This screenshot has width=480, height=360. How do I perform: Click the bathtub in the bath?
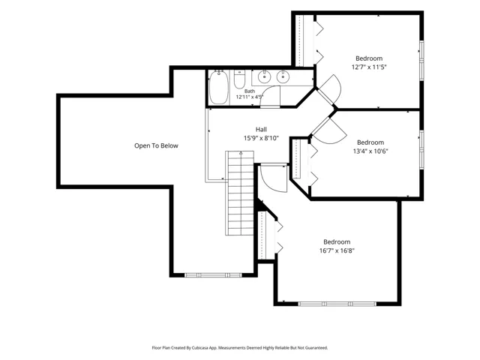[218, 87]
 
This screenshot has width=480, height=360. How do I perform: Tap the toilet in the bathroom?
[239, 79]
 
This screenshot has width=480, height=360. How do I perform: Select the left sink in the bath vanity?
[263, 76]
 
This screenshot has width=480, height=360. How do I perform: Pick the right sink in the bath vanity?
[283, 76]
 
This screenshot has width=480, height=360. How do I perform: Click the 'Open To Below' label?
[156, 145]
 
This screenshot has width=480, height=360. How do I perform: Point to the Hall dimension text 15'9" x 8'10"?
[261, 138]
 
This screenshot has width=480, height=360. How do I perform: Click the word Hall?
[261, 130]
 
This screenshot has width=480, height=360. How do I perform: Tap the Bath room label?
[250, 91]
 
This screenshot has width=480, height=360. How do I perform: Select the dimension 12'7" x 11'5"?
[369, 67]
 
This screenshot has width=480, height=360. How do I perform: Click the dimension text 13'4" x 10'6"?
[370, 151]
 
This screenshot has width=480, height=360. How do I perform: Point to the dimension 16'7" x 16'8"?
[337, 250]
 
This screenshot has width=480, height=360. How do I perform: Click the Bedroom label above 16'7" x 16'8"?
[337, 241]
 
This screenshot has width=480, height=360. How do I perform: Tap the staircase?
[240, 193]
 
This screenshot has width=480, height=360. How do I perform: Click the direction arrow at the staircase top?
[241, 152]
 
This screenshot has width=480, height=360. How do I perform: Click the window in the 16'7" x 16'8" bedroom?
[337, 304]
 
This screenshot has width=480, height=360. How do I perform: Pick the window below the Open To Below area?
[213, 275]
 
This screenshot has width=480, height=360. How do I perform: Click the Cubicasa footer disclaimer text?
[240, 348]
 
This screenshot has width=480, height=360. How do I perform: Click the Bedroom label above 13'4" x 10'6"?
[370, 142]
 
